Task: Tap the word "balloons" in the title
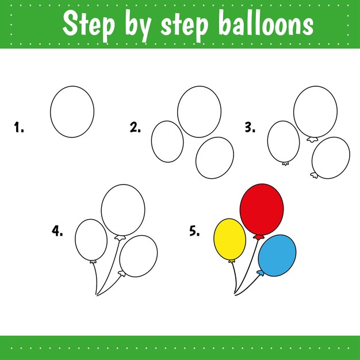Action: point(266,23)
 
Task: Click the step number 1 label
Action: point(19,127)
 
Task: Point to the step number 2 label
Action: point(135,127)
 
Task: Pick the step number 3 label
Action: point(250,127)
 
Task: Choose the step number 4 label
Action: point(57,231)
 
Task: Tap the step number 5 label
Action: point(194,231)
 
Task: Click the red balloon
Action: point(262,209)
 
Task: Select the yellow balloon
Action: point(230,239)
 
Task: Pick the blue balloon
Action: point(277,255)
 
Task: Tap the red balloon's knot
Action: point(259,238)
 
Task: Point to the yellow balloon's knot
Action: point(232,261)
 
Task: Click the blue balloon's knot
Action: point(260,273)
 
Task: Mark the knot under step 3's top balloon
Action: point(312,139)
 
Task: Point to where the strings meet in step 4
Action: point(97,295)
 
